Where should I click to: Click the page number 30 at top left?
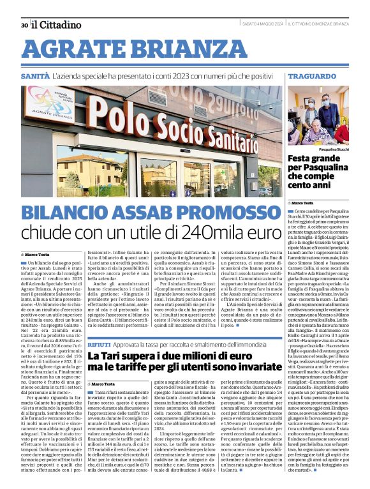click(24, 25)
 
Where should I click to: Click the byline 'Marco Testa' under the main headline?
click(39, 254)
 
